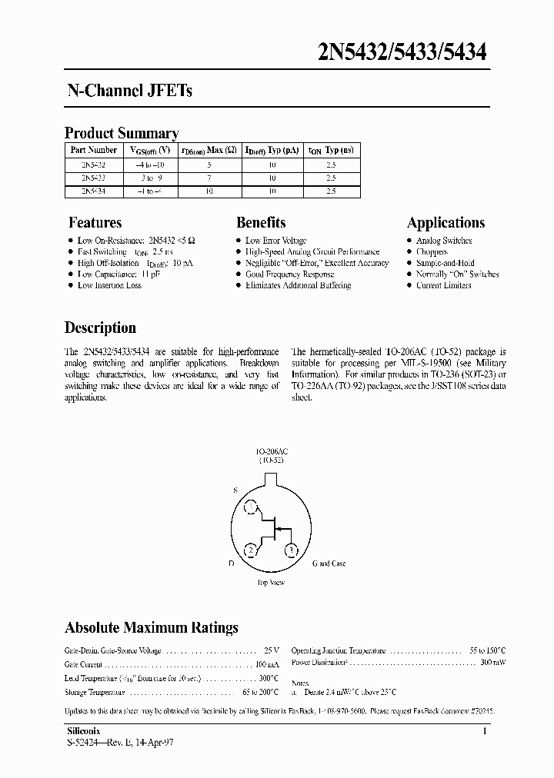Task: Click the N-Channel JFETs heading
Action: tap(127, 91)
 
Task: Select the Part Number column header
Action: tap(94, 150)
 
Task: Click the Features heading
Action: tap(95, 223)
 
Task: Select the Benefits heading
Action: tap(261, 223)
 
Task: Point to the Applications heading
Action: tap(446, 223)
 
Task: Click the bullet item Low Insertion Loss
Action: tap(109, 285)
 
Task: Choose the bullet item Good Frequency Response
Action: tap(289, 274)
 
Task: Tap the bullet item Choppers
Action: tap(432, 251)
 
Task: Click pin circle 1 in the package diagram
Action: tap(251, 508)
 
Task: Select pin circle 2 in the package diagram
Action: tap(251, 550)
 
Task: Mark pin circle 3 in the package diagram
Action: tap(292, 550)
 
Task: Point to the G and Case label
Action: tap(329, 564)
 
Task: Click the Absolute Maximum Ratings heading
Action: tap(152, 628)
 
